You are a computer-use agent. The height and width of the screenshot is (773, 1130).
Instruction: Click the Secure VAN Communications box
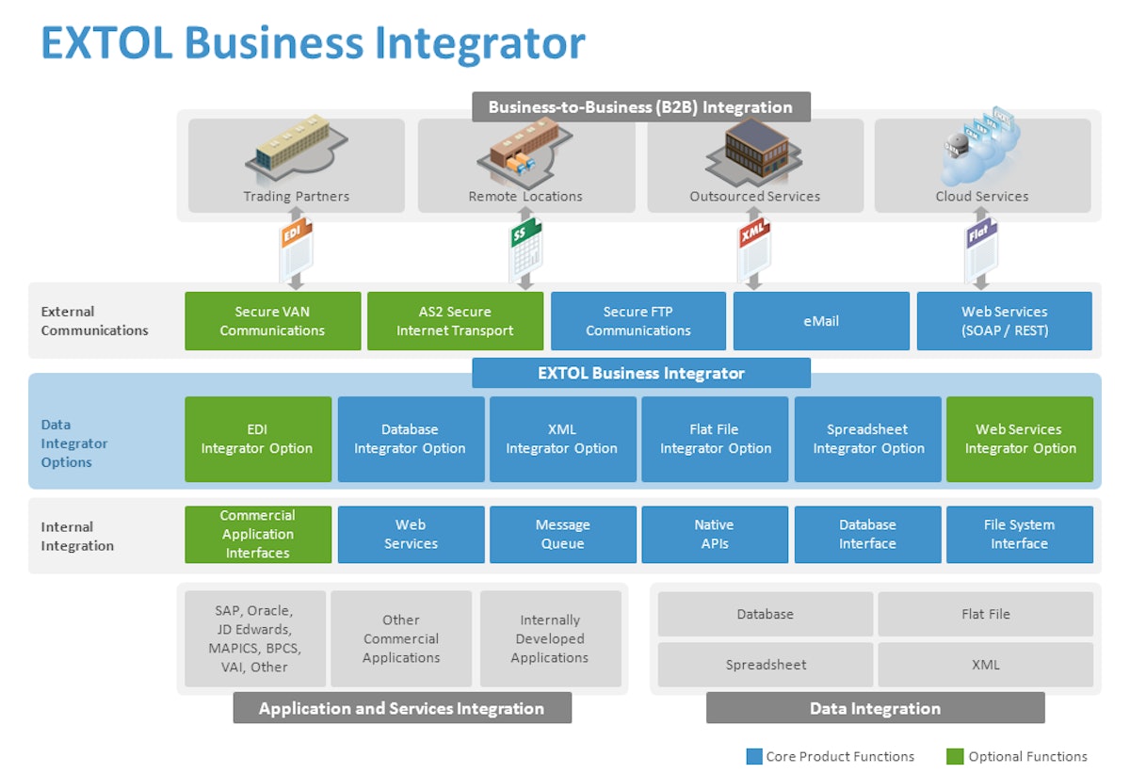tap(272, 321)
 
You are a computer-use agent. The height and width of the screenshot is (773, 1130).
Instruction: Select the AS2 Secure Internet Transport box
tap(455, 321)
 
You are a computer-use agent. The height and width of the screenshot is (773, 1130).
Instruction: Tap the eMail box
tap(821, 321)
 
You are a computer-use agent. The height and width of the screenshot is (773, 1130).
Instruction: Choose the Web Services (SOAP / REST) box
tap(1004, 321)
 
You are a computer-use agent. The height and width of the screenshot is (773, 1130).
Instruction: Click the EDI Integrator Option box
tap(257, 439)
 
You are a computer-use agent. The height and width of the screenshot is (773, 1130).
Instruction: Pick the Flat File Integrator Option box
tap(715, 439)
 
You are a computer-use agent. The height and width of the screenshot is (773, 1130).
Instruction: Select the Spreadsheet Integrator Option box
tap(867, 439)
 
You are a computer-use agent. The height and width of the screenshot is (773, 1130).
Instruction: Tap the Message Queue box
tap(562, 534)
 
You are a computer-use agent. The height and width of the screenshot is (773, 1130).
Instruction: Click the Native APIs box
tap(715, 534)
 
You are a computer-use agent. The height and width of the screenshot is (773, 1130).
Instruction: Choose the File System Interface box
tap(1019, 534)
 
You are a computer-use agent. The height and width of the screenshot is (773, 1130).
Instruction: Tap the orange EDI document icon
tap(295, 250)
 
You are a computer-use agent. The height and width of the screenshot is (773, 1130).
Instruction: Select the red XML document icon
tap(753, 250)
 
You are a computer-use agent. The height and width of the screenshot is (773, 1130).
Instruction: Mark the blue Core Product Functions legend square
tap(753, 756)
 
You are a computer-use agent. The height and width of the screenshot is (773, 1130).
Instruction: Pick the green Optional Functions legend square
tap(955, 756)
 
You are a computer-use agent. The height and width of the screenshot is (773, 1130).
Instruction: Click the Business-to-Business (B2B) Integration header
tap(640, 106)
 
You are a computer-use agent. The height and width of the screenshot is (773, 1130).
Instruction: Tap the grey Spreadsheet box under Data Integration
tap(766, 665)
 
